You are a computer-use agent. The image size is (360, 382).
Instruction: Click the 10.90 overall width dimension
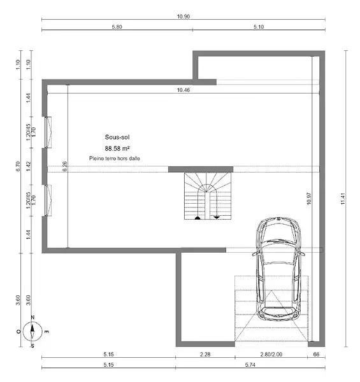(x=184, y=17)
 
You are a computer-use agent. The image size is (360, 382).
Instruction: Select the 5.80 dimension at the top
(x=117, y=27)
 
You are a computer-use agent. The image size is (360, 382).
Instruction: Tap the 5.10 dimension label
(x=259, y=27)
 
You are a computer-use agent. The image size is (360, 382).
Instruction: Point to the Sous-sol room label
(x=117, y=137)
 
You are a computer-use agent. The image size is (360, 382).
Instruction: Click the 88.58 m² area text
(x=117, y=148)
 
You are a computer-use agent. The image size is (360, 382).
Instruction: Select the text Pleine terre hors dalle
(x=115, y=159)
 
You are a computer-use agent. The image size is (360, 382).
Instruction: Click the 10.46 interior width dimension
(x=184, y=90)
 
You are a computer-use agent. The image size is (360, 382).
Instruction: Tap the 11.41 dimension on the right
(x=343, y=199)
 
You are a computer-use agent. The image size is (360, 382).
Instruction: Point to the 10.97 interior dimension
(x=309, y=199)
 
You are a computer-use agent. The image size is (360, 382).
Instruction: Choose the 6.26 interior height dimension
(x=65, y=166)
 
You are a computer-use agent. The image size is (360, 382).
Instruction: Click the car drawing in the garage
(x=278, y=269)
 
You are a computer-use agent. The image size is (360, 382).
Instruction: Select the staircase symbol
(x=208, y=196)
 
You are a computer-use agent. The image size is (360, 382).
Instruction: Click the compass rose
(x=32, y=331)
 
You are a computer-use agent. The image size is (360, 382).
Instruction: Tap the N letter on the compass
(x=32, y=317)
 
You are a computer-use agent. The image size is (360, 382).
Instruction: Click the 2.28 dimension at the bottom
(x=205, y=354)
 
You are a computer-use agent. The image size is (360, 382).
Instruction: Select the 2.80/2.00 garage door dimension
(x=271, y=354)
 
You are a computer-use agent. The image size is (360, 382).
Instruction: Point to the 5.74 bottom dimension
(x=250, y=365)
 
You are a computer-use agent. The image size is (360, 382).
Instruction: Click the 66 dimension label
(x=316, y=354)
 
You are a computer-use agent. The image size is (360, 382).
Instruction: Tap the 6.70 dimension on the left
(x=18, y=166)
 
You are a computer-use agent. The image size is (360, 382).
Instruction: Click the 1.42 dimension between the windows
(x=29, y=166)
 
